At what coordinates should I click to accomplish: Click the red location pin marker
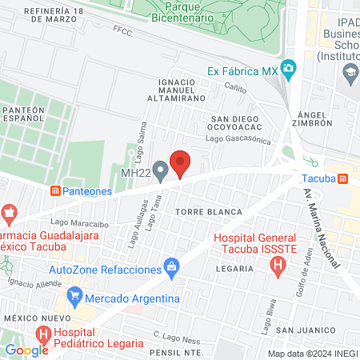180,163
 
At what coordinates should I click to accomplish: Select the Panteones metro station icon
55,191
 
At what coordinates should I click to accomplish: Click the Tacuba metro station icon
343,178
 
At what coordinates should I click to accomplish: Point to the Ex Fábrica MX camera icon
289,70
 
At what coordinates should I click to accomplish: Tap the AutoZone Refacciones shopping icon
170,266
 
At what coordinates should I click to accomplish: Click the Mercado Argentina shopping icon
75,296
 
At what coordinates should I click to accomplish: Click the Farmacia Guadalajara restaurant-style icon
10,213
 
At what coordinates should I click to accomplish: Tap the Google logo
26,350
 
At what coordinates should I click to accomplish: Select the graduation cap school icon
350,72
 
